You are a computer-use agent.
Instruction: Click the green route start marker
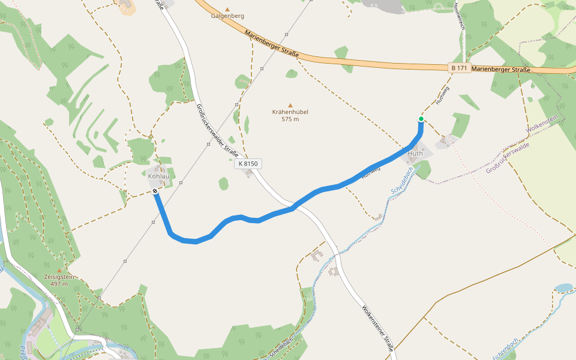click(421, 119)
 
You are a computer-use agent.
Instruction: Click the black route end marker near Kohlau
click(155, 191)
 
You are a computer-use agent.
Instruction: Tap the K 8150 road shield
click(248, 163)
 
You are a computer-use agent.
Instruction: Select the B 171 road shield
click(460, 68)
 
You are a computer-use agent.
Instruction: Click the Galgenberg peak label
click(227, 16)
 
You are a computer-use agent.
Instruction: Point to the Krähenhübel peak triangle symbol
click(290, 106)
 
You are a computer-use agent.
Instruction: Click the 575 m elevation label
click(290, 119)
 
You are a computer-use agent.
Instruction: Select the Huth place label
click(415, 154)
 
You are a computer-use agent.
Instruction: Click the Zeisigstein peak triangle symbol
click(59, 271)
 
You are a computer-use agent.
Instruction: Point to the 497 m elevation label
click(59, 284)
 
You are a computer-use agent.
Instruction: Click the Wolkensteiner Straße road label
click(378, 328)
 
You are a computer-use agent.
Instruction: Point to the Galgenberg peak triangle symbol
click(227, 9)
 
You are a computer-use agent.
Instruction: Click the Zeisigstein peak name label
click(59, 277)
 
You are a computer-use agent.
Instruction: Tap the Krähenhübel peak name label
click(290, 112)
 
